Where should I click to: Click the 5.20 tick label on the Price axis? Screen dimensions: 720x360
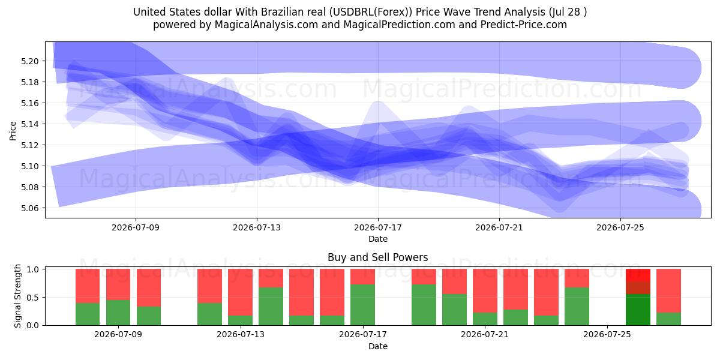click(29, 61)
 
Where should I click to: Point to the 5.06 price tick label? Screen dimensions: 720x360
click(29, 208)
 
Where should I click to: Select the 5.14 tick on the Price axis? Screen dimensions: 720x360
click(29, 124)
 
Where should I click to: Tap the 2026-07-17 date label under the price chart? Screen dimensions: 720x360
click(378, 227)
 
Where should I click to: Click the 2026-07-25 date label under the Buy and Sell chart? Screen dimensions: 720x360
click(607, 334)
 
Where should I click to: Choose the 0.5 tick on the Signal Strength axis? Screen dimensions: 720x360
click(32, 298)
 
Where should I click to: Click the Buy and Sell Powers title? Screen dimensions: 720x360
click(377, 257)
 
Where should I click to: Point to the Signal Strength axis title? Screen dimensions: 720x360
click(17, 296)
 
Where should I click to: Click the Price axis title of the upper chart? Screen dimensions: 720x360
click(13, 131)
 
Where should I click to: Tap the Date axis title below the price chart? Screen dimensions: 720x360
click(378, 239)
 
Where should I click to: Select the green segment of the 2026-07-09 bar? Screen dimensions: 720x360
click(118, 313)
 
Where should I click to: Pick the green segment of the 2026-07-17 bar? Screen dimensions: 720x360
click(362, 305)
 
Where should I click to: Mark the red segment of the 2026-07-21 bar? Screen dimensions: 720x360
click(485, 290)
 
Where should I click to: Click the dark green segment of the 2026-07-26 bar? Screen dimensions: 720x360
click(638, 310)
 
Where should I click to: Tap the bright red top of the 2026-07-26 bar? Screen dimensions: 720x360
click(638, 275)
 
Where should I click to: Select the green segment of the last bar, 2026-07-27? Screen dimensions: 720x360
click(668, 319)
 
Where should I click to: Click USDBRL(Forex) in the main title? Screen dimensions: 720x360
click(370, 12)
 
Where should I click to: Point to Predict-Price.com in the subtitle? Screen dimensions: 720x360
click(524, 25)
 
